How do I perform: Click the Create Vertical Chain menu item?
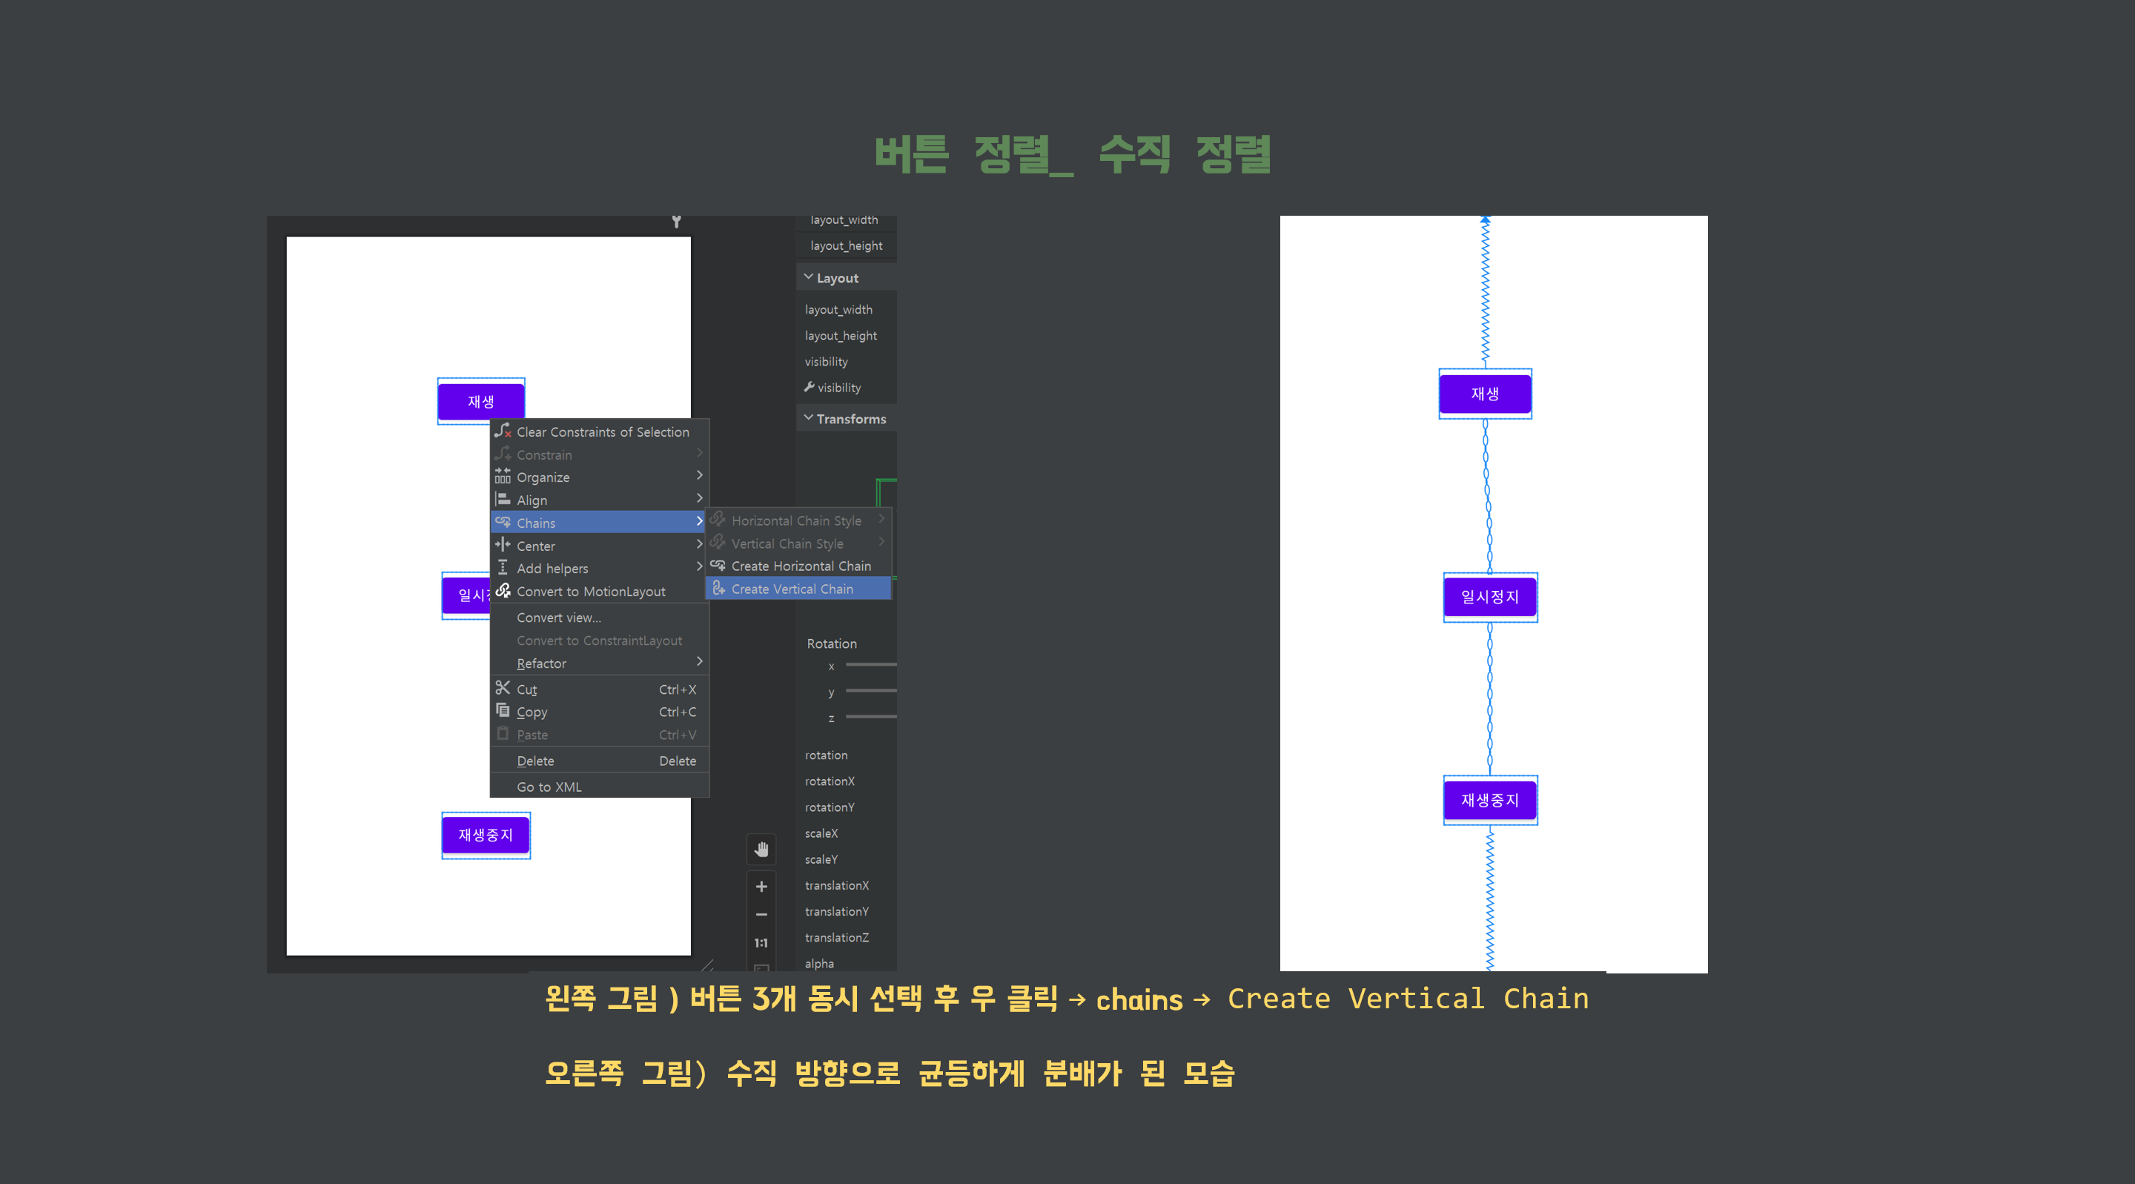click(792, 589)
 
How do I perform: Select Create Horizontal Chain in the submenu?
click(801, 566)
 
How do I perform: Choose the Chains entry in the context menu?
click(536, 523)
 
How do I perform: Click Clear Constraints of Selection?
click(603, 432)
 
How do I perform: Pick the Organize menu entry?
click(543, 477)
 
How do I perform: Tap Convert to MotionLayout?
click(591, 591)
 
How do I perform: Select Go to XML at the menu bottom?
click(549, 787)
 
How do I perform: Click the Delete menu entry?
click(535, 761)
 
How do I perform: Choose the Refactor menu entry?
click(541, 664)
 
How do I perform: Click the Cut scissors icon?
click(503, 688)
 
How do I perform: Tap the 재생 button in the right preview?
click(1484, 394)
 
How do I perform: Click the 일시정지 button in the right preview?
click(1489, 597)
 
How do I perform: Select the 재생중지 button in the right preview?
click(1489, 800)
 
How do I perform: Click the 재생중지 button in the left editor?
click(486, 835)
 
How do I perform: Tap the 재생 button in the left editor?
click(480, 401)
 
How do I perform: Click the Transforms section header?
click(850, 420)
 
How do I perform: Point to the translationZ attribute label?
click(836, 938)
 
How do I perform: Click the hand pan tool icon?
click(761, 849)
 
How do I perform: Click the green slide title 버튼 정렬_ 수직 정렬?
click(1073, 155)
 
